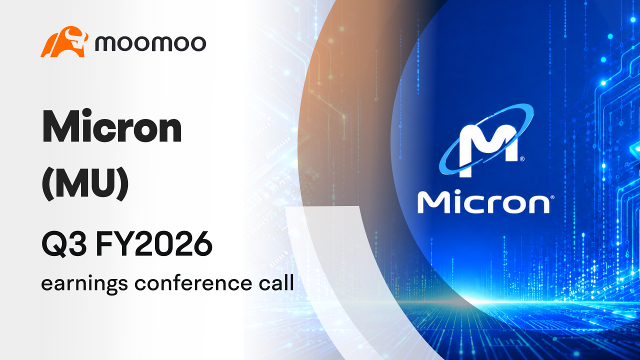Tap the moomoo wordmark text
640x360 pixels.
click(x=150, y=43)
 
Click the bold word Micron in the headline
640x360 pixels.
click(x=111, y=126)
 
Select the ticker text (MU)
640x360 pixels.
click(x=85, y=183)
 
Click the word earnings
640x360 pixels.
click(x=84, y=284)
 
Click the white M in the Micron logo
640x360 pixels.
click(x=488, y=150)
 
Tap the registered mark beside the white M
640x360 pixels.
click(x=522, y=159)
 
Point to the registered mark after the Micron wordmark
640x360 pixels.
click(x=552, y=197)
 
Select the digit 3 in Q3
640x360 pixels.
click(x=77, y=244)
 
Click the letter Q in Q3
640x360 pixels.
click(x=54, y=245)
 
